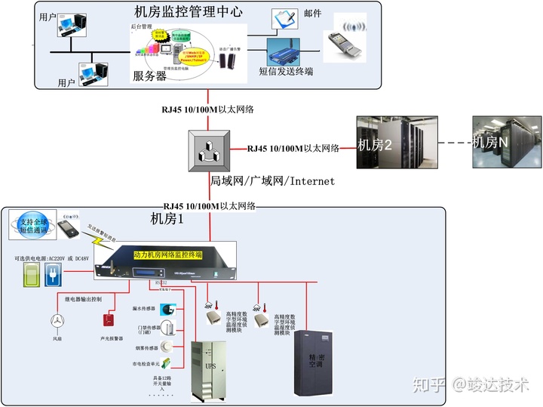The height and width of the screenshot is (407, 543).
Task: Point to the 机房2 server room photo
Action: [386, 143]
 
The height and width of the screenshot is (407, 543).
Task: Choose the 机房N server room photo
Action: [507, 142]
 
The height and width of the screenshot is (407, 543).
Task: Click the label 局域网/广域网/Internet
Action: [271, 181]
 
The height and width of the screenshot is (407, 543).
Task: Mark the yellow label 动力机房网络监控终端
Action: [173, 255]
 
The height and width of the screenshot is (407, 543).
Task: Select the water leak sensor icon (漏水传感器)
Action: [170, 310]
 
